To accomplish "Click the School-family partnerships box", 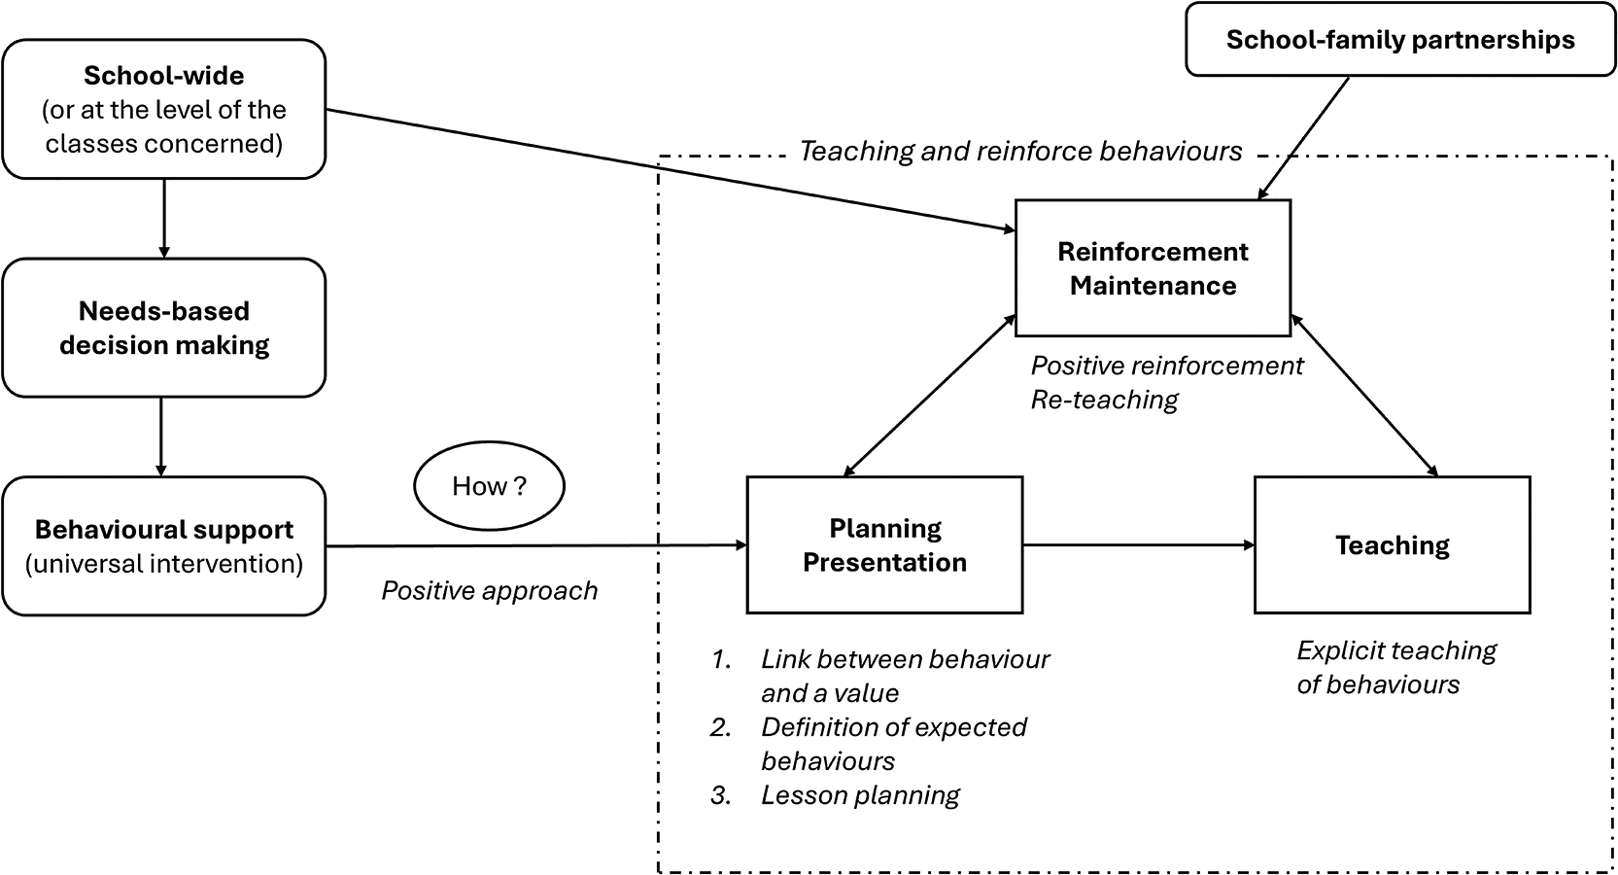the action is (x=1400, y=39).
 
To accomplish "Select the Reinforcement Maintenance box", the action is (x=1153, y=268).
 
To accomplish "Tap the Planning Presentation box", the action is (x=885, y=544).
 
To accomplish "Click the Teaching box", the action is (x=1393, y=544).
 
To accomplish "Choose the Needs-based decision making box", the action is (x=164, y=328).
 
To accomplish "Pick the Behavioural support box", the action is (x=164, y=545).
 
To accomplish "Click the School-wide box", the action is (x=164, y=109).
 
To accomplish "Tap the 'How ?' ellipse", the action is (x=489, y=485).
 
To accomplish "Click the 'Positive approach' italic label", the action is (x=490, y=590).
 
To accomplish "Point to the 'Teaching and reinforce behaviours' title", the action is (x=1020, y=151).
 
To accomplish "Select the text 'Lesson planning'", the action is (x=860, y=795).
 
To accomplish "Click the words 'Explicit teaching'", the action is (x=1397, y=650).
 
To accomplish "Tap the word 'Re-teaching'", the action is (x=1105, y=400).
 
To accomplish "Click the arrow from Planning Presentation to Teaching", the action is (x=1139, y=544).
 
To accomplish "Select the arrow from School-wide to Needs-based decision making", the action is (x=164, y=218).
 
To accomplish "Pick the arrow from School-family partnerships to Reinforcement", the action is (x=1303, y=138).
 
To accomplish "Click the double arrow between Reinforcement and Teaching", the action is (x=1364, y=396).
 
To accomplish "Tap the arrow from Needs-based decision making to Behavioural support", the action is (x=161, y=437).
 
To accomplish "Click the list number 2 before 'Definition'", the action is (x=720, y=727).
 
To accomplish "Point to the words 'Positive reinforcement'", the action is (x=1167, y=366).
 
